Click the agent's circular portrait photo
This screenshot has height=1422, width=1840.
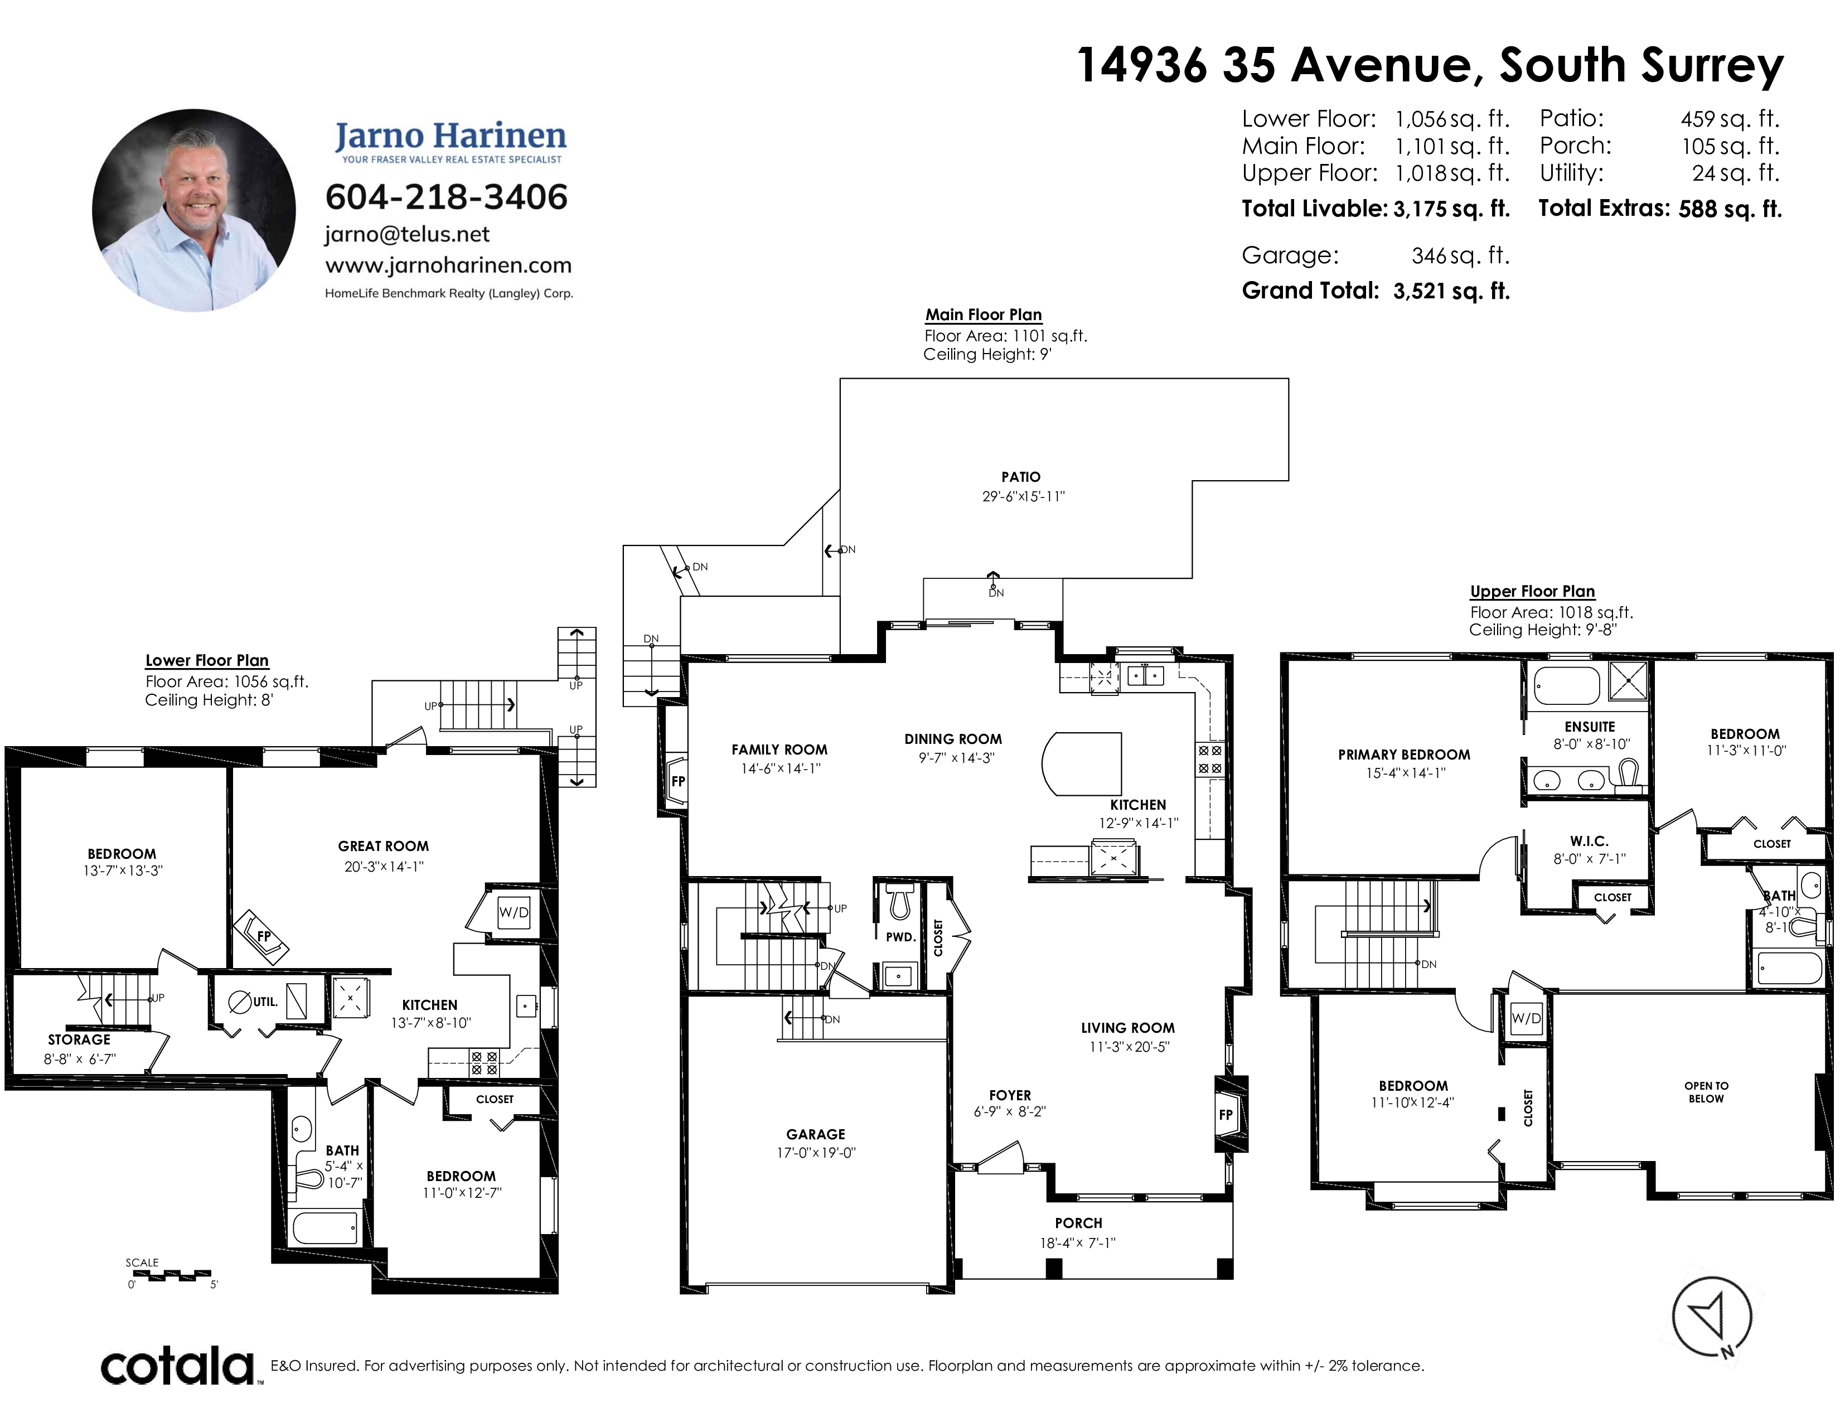(x=194, y=210)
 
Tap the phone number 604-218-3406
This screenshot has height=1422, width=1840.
(x=447, y=197)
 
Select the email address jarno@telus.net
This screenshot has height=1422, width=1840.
(x=407, y=234)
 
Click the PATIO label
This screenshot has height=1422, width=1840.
(x=1021, y=477)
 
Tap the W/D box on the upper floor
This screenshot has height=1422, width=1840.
(x=1526, y=1018)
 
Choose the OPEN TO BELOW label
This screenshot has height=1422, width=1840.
(x=1706, y=1092)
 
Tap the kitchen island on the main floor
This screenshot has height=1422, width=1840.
(x=1082, y=763)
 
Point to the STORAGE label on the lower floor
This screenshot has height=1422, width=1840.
(x=79, y=1039)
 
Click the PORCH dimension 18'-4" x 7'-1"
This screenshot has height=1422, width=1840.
(x=1078, y=1242)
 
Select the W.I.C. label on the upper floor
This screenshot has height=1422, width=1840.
(x=1589, y=841)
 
